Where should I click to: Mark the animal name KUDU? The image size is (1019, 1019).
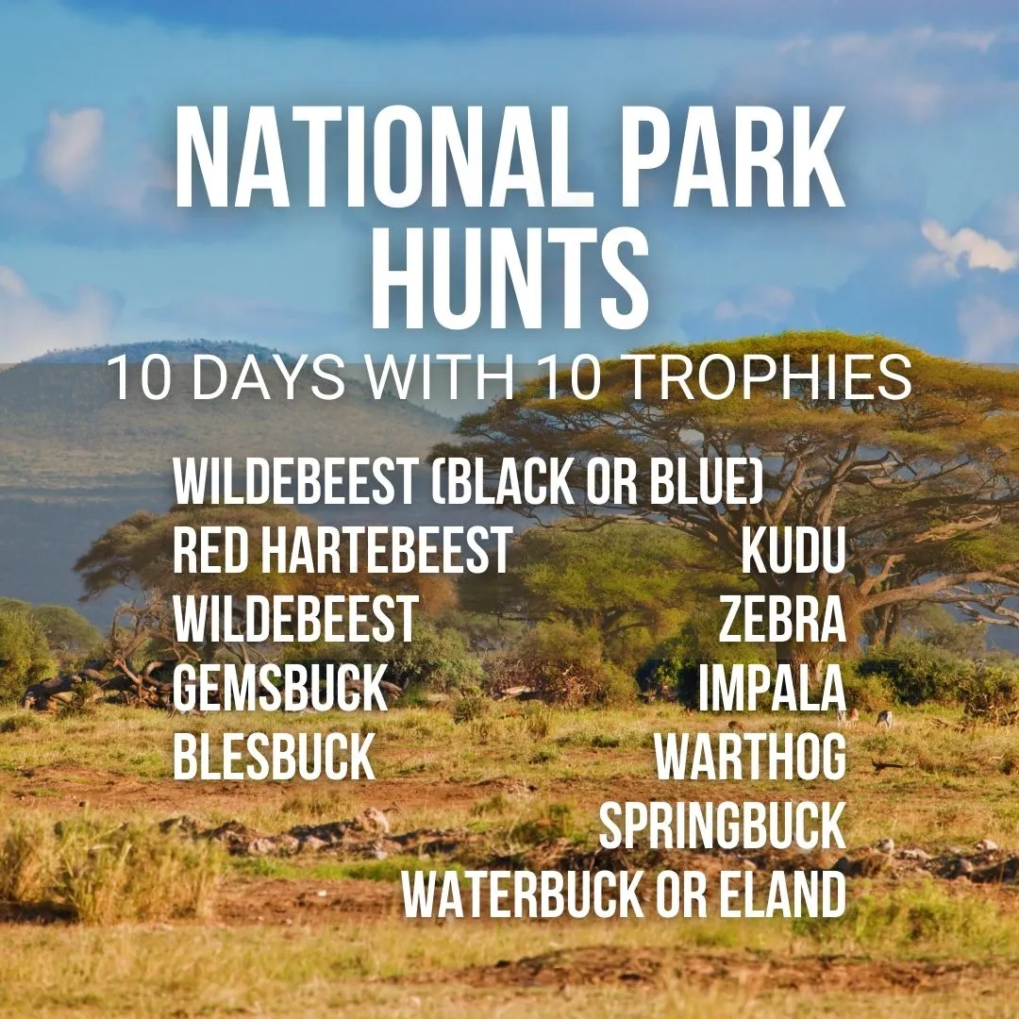(x=793, y=552)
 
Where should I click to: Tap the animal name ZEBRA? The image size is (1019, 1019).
(x=782, y=621)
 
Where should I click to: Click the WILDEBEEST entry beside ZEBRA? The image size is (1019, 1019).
(x=294, y=621)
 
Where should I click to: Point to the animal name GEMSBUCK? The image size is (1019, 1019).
(x=280, y=689)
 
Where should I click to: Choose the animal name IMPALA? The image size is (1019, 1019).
(x=772, y=689)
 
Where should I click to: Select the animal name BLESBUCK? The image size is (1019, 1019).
(x=275, y=758)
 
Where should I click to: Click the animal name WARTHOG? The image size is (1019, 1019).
(x=751, y=758)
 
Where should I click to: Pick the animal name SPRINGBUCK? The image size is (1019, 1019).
(x=722, y=827)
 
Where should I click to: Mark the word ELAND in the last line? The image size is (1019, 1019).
(x=788, y=895)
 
